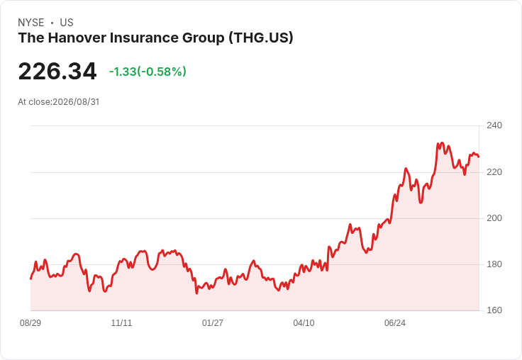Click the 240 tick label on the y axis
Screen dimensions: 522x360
pos(494,125)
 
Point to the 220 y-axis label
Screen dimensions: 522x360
pos(494,172)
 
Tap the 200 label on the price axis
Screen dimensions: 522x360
pos(494,218)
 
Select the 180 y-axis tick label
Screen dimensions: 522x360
pos(494,264)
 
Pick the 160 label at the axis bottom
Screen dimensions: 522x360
pos(494,310)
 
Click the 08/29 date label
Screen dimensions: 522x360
pos(30,323)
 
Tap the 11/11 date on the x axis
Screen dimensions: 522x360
pos(121,323)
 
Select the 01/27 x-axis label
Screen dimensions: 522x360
pos(212,323)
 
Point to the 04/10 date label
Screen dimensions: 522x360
pos(304,323)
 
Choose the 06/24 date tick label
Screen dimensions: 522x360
pos(395,323)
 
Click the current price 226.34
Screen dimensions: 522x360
pos(57,72)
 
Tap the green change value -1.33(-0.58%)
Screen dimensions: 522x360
pos(148,72)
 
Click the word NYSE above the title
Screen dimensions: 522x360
pos(31,23)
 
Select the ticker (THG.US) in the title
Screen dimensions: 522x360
pos(261,38)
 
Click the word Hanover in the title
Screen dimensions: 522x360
pos(77,38)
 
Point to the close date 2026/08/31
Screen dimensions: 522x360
pos(76,102)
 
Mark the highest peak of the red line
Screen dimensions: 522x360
pos(442,142)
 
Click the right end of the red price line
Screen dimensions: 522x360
pos(479,157)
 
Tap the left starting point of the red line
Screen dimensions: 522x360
pos(31,279)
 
